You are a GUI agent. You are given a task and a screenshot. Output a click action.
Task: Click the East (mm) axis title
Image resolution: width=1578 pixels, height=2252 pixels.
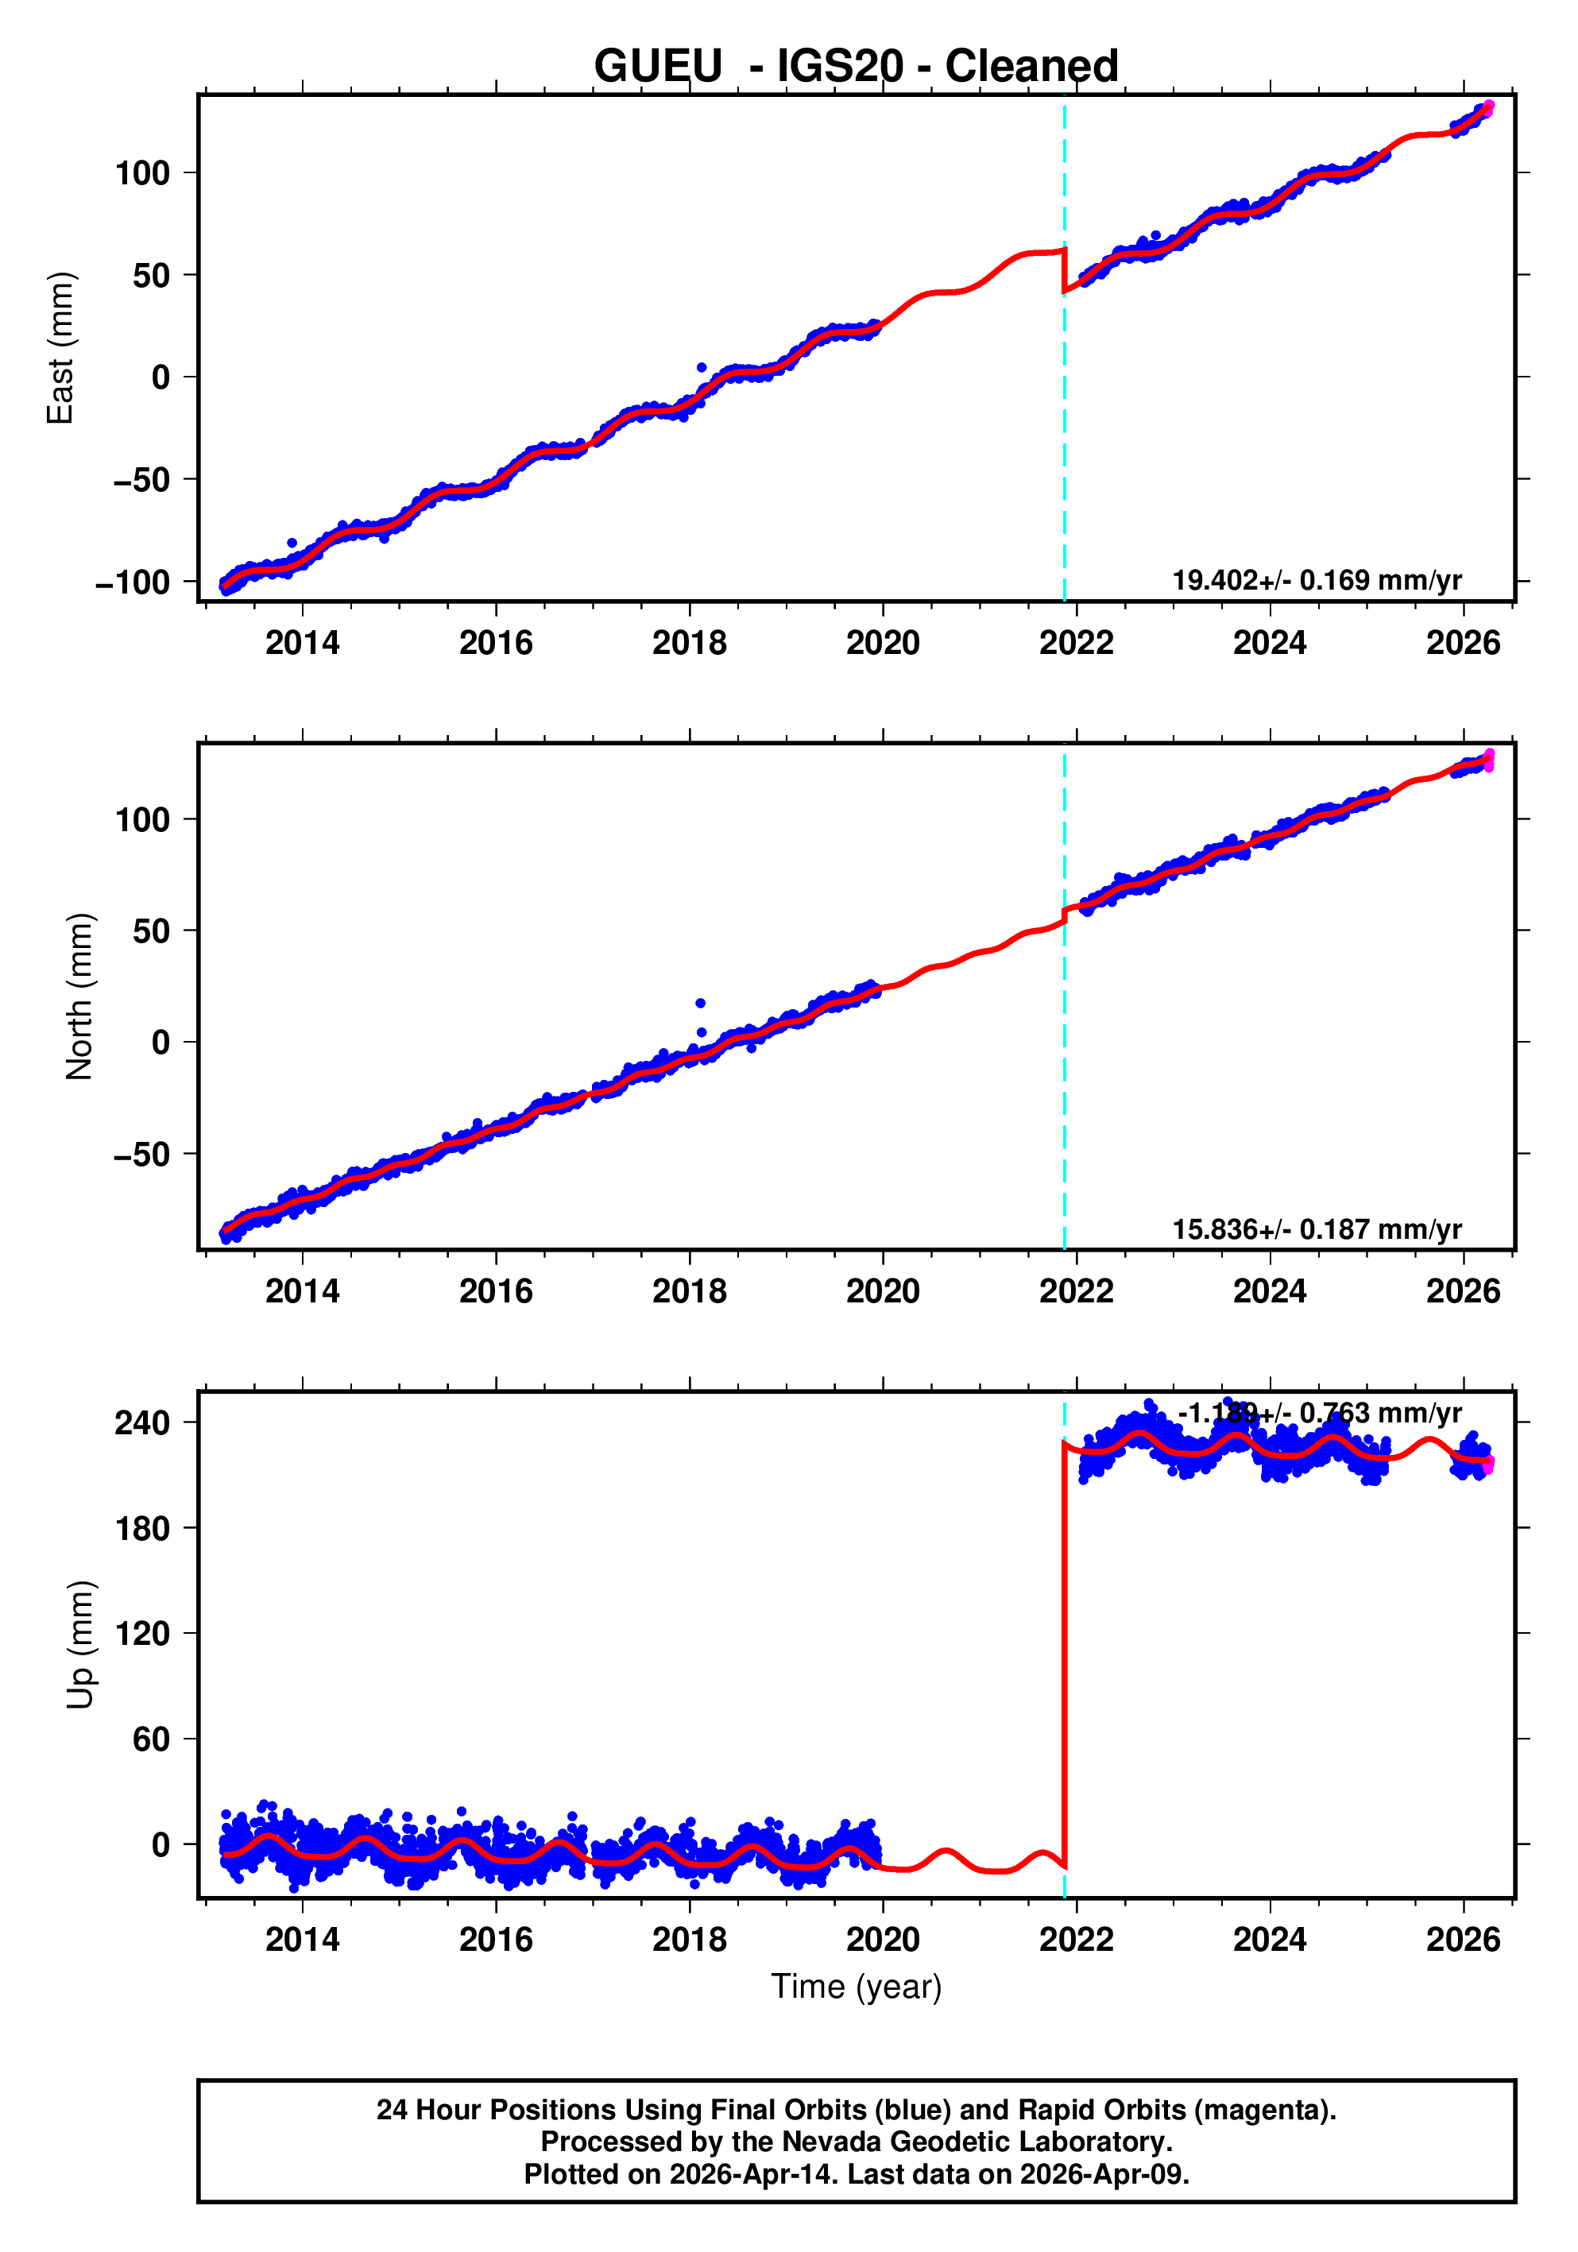click(61, 348)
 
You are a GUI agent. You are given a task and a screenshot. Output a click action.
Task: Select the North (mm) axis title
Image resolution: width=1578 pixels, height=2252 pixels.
click(79, 996)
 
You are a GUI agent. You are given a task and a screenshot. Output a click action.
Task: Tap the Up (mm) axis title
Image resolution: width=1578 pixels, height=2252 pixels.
click(79, 1645)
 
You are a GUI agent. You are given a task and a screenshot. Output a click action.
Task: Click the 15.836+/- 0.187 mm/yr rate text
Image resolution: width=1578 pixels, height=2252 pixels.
click(1316, 1229)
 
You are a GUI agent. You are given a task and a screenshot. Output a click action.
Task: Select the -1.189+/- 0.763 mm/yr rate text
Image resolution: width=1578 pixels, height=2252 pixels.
click(1319, 1414)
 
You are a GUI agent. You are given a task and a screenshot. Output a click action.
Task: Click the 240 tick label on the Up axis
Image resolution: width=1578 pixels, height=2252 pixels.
click(142, 1422)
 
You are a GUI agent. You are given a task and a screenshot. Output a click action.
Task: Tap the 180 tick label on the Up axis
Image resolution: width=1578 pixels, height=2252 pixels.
click(142, 1528)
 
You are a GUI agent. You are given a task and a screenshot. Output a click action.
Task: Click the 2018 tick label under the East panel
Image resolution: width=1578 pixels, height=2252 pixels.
click(690, 644)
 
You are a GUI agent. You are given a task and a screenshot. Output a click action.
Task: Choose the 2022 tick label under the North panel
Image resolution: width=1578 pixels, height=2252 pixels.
click(1076, 1292)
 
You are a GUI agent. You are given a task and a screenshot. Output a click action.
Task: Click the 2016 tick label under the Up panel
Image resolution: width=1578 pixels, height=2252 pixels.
click(495, 1940)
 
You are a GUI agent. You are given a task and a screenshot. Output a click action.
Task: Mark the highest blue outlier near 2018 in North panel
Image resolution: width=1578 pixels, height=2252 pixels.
click(700, 1002)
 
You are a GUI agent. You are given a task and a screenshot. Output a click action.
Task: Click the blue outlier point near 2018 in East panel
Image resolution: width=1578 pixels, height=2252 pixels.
click(702, 368)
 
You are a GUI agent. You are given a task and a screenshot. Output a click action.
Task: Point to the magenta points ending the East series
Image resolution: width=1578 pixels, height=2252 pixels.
click(1487, 108)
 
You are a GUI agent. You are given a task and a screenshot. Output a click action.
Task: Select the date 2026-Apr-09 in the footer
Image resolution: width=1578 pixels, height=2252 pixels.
click(1102, 2173)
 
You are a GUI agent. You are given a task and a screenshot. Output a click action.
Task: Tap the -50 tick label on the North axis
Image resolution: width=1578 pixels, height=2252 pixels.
click(142, 1155)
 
